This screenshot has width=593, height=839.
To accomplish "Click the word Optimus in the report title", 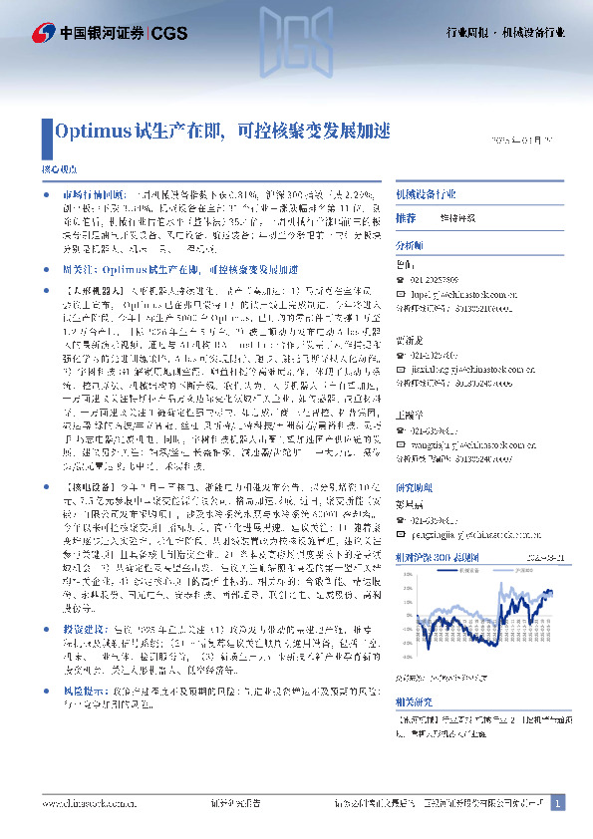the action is click(x=89, y=130).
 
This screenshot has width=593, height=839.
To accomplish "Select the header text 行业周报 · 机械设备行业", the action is click(x=504, y=33).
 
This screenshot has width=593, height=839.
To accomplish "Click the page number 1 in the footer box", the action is click(x=558, y=801).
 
